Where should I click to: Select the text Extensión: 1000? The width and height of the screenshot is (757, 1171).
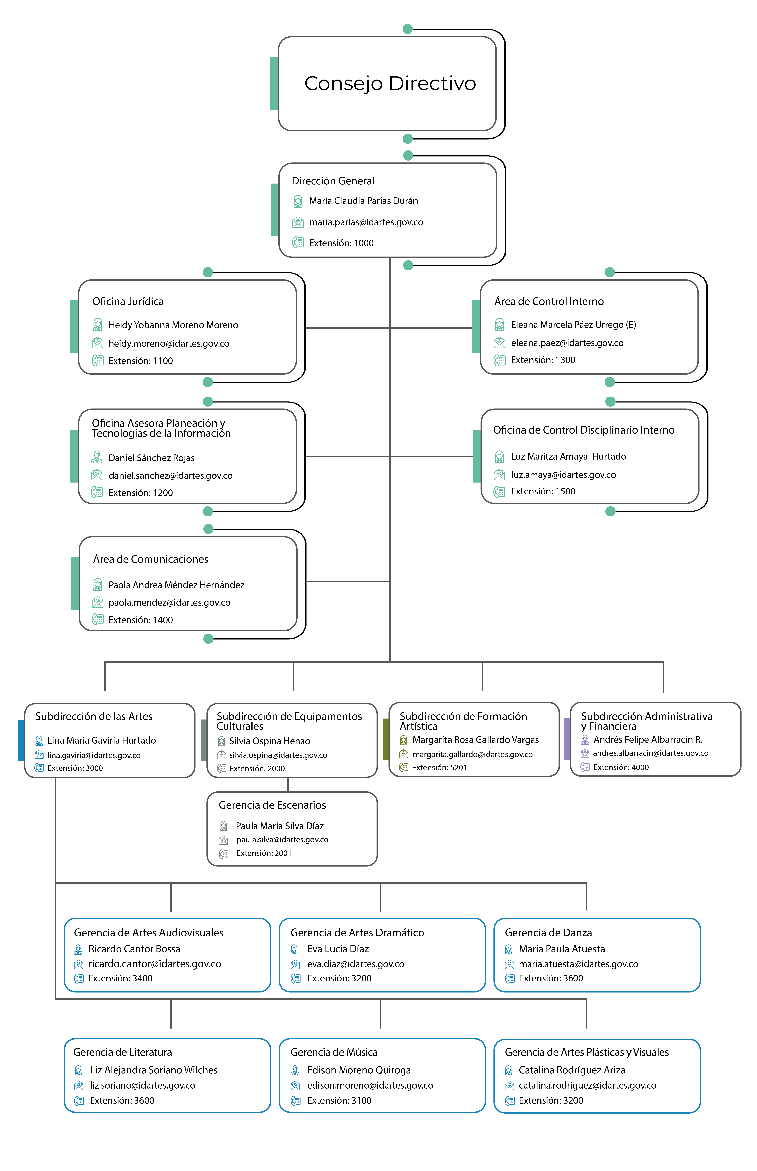[x=341, y=243]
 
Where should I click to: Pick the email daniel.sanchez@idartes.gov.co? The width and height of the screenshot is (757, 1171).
[x=171, y=476]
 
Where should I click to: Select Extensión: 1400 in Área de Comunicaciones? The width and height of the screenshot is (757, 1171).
[x=141, y=620]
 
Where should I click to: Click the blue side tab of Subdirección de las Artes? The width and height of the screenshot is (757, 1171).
[x=21, y=740]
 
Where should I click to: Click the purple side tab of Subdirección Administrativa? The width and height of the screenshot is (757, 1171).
[x=567, y=739]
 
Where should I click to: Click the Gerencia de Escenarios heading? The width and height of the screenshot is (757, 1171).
[x=272, y=805]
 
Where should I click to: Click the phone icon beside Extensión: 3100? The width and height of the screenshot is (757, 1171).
[x=295, y=1101]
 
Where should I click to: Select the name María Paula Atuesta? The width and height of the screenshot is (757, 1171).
[x=562, y=949]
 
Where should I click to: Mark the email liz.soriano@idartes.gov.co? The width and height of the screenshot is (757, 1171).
[x=142, y=1086]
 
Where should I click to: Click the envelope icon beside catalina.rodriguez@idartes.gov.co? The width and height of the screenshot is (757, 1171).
[x=510, y=1086]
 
